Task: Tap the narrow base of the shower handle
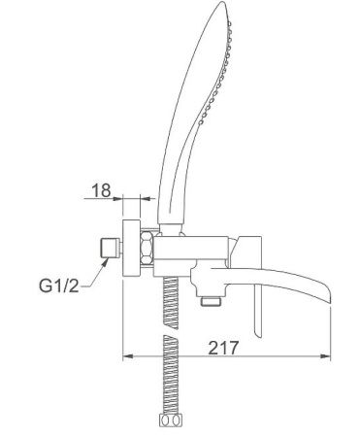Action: tap(178, 224)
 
